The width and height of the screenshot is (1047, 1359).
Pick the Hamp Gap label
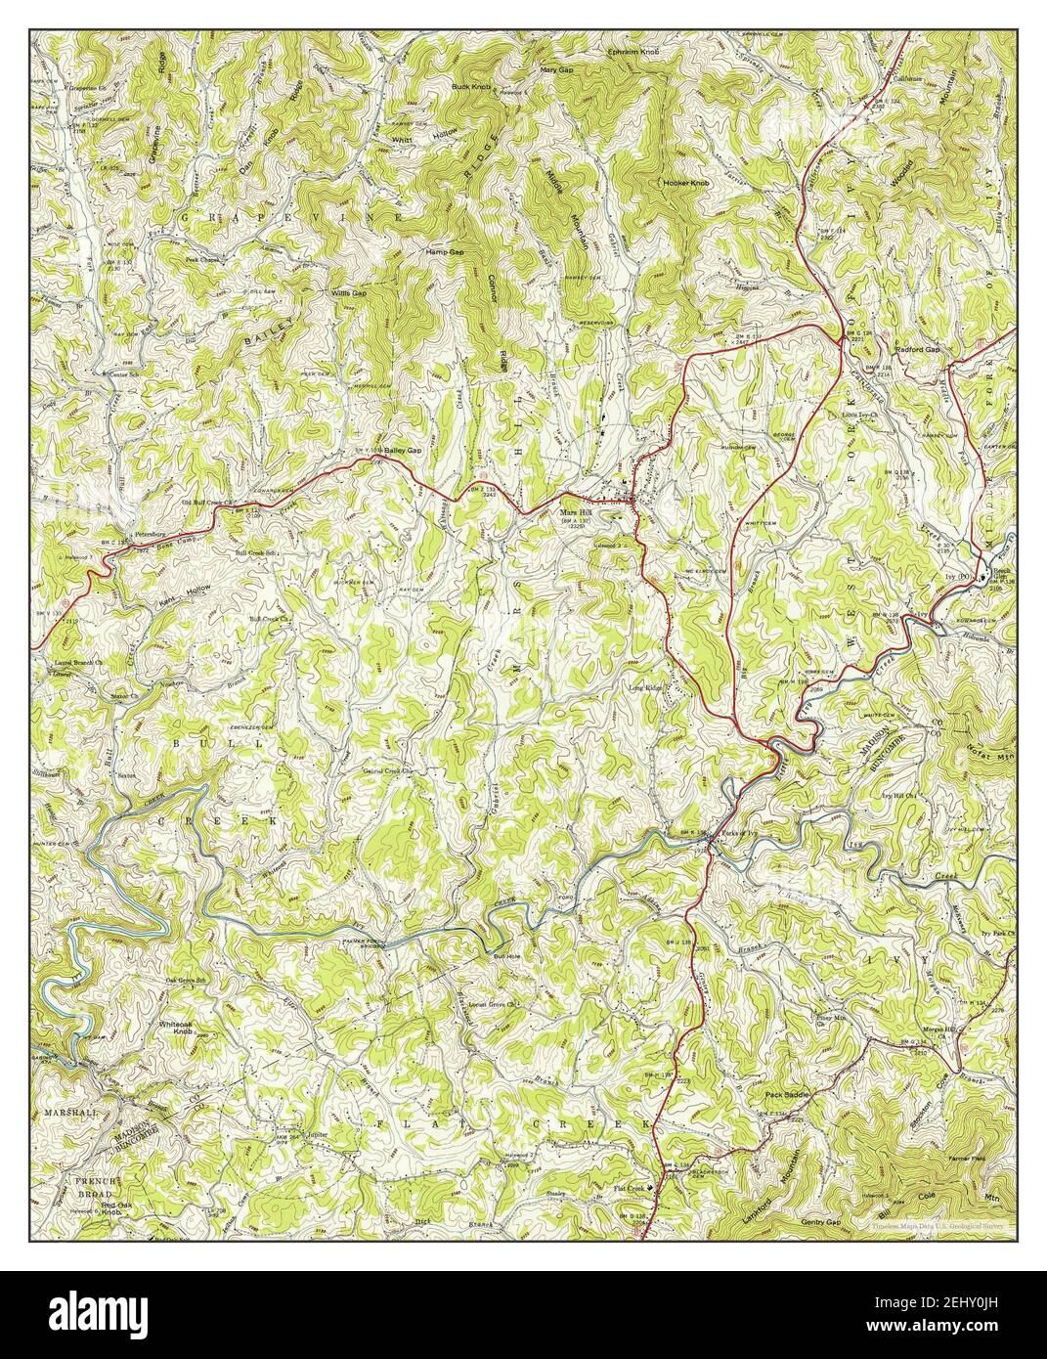(443, 251)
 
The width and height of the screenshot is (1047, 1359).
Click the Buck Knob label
(470, 87)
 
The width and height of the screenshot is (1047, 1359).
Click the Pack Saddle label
(787, 1095)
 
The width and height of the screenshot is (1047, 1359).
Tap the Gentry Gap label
(821, 1222)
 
